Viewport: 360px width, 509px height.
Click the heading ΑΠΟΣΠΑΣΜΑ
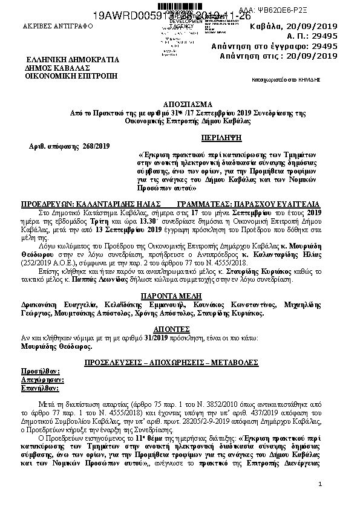pyautogui.click(x=180, y=104)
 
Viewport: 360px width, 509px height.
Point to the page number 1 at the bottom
pyautogui.click(x=319, y=485)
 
